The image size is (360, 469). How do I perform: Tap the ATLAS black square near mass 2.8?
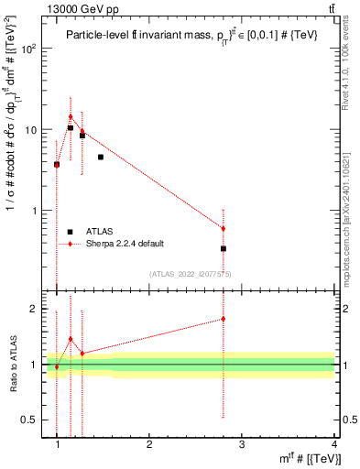pos(224,248)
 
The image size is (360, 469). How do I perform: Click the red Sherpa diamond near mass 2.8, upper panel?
pos(224,228)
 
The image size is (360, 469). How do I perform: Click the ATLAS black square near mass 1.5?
pos(101,158)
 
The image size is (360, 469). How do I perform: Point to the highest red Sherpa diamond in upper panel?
pos(71,116)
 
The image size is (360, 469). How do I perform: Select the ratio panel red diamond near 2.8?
pos(224,319)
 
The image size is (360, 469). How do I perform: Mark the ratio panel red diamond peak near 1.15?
pos(71,339)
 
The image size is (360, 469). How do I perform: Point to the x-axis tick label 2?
pos(149,446)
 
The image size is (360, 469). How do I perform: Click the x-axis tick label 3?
pos(242,446)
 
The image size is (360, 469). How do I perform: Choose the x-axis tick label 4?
pos(334,446)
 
